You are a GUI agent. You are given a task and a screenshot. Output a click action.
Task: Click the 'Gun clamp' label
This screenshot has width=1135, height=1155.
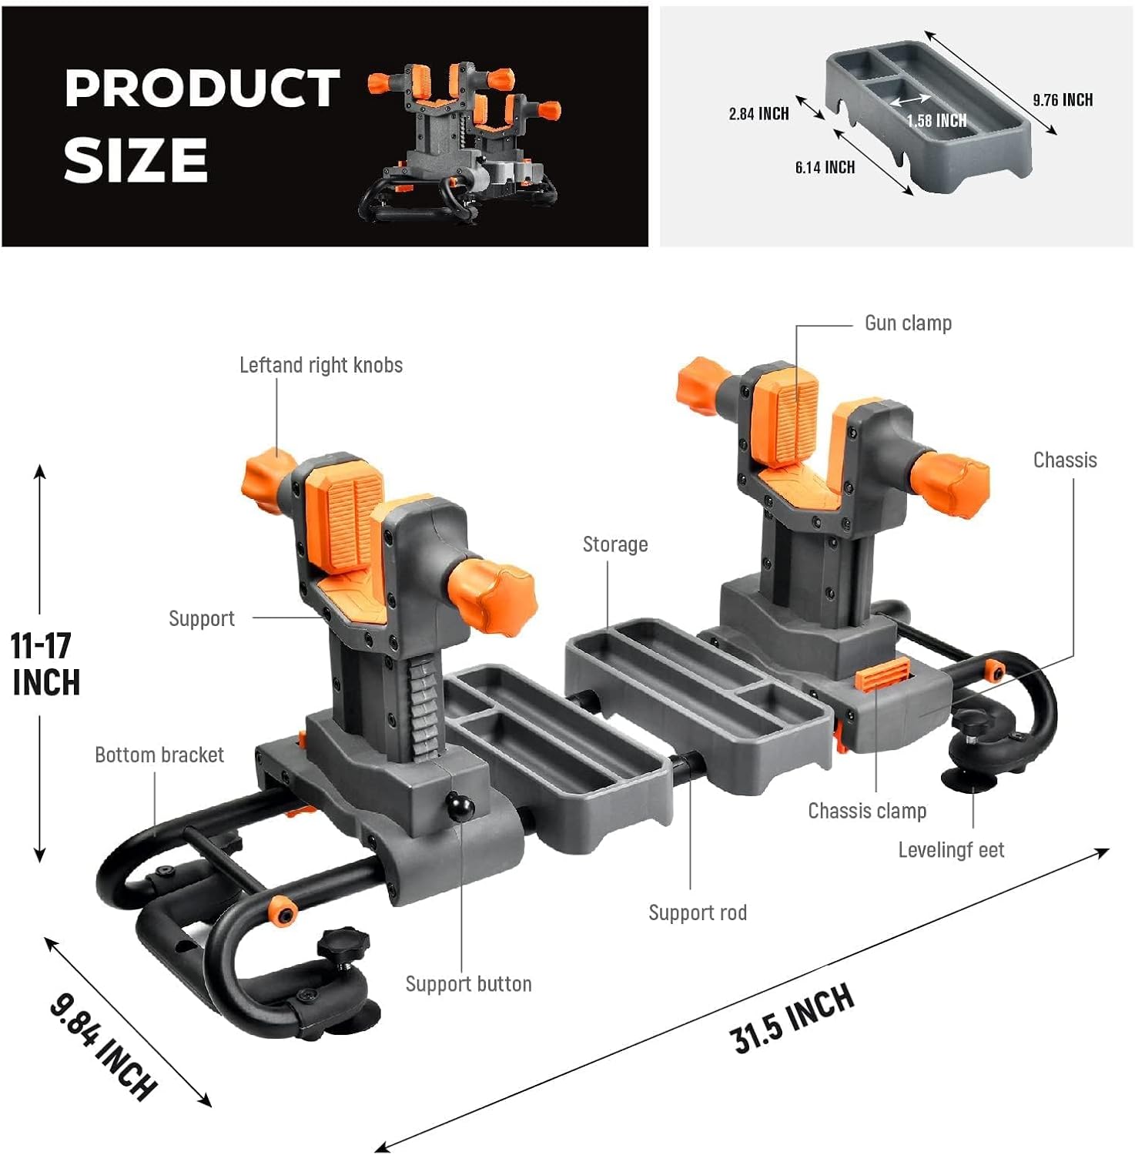coord(908,323)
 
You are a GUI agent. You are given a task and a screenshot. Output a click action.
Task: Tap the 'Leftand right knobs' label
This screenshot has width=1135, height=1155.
coord(321,365)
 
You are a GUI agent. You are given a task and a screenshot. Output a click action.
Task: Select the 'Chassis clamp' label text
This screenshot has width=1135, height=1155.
coord(867,811)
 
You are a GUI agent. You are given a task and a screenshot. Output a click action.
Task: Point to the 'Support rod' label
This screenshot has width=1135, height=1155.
coord(698,913)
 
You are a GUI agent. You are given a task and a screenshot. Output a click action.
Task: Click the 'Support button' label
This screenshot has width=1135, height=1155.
coord(468,984)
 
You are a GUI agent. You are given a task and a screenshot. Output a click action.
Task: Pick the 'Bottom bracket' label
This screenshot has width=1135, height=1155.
coord(159,755)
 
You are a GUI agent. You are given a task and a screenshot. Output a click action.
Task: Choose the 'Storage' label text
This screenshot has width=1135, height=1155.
coord(615,545)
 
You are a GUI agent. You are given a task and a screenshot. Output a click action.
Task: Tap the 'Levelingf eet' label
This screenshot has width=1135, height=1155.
coord(951,850)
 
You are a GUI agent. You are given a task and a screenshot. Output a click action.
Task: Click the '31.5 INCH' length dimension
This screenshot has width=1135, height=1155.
coord(792,1018)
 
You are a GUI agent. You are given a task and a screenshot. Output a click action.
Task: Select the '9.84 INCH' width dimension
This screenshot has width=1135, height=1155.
coord(103,1045)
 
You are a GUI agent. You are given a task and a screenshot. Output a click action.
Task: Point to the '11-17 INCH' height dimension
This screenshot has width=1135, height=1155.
coord(45,664)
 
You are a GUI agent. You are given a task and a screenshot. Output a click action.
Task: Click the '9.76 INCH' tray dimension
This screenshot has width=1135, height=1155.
coord(1063,100)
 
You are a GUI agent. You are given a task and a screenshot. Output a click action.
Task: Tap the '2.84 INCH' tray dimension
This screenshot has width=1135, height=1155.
coord(758,114)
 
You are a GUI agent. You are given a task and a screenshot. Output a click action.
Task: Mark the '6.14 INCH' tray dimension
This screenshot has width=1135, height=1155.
coord(825,167)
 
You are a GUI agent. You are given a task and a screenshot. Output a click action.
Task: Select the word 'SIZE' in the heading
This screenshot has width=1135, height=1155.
coord(136,160)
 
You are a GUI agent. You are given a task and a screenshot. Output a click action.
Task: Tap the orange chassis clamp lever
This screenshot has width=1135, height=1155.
coord(882,674)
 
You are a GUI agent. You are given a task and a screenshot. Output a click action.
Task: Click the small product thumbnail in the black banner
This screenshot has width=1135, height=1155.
coord(460,143)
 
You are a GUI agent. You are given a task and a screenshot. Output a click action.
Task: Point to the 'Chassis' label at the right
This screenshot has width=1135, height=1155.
coord(1065,460)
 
